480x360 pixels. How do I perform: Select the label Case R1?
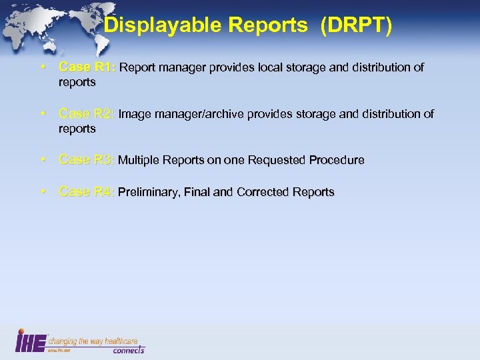[87, 67]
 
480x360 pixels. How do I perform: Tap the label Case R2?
[87, 114]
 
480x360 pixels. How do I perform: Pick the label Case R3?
[87, 160]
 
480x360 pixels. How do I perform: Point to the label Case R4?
[87, 192]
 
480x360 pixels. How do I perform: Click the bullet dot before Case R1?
[43, 67]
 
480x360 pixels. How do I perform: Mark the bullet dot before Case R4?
[43, 192]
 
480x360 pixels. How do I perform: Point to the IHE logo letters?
[31, 340]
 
